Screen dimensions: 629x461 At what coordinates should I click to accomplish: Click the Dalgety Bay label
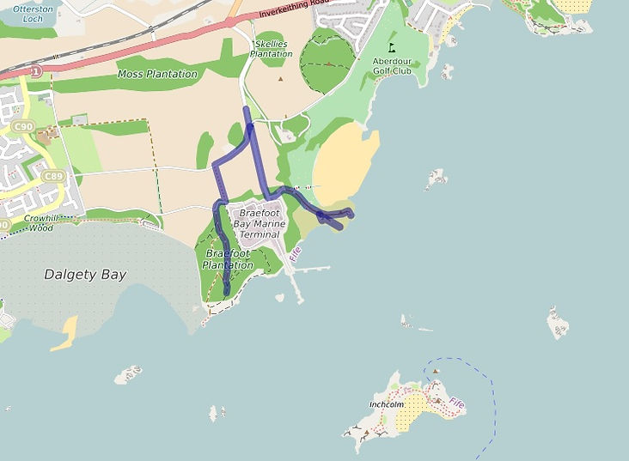[85, 275]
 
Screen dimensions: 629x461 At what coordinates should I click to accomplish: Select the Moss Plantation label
[157, 75]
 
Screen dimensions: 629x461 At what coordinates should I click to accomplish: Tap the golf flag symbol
[392, 48]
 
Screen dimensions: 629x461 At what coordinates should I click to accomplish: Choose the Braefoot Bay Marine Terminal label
[259, 223]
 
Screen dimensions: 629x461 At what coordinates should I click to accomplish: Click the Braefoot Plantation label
[229, 259]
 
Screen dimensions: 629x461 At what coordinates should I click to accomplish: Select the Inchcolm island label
[386, 403]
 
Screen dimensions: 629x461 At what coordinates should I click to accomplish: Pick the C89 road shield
[52, 177]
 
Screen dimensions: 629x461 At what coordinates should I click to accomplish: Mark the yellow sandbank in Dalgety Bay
[64, 336]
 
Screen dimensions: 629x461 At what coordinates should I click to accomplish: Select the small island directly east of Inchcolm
[557, 323]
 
